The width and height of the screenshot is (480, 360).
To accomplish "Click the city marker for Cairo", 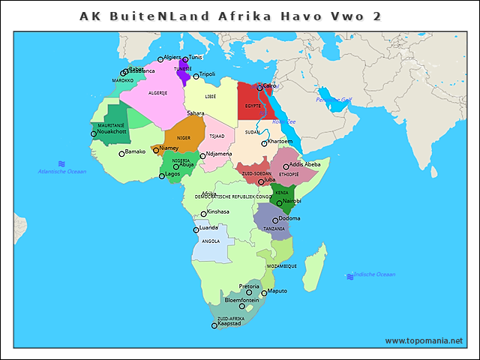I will (259, 87).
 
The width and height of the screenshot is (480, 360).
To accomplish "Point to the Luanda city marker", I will (196, 229).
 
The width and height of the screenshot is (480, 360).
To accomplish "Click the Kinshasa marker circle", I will (203, 214).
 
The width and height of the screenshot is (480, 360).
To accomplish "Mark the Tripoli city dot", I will (196, 76).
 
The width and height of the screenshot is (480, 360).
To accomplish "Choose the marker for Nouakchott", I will (94, 133).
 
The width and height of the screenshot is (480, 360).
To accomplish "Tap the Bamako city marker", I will (121, 154).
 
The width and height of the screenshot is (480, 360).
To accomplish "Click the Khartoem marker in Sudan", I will (264, 142).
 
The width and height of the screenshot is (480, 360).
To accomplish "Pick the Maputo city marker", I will (264, 292).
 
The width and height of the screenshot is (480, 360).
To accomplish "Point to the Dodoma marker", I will (275, 220).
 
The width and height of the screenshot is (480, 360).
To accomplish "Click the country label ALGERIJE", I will (157, 93).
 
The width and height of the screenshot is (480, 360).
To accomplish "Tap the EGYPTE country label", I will (253, 106).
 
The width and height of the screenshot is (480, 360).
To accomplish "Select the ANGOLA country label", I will (211, 241).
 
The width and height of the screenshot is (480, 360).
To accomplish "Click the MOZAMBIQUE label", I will (282, 266).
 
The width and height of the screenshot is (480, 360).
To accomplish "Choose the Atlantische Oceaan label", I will (62, 172).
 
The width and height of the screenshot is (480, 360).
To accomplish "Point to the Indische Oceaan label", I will (374, 274).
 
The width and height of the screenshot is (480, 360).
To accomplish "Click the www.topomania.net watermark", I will (424, 340).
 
